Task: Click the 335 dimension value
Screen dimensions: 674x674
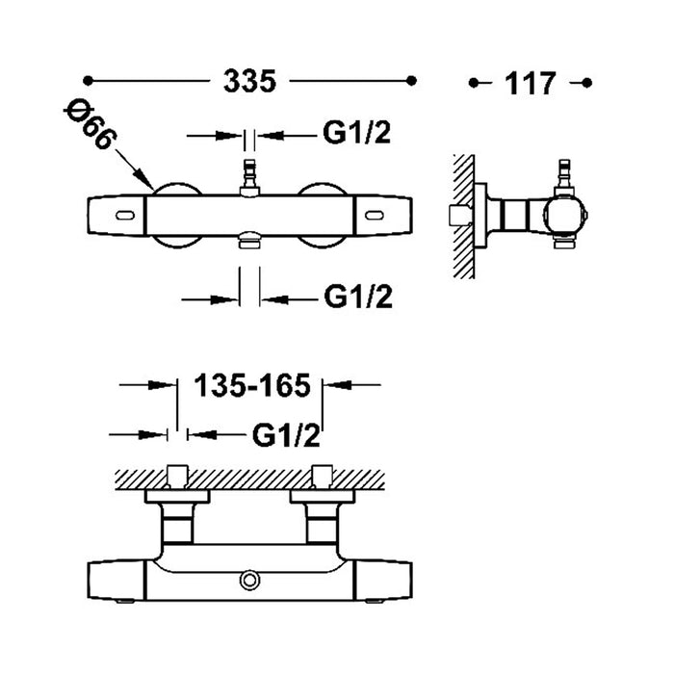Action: (x=249, y=81)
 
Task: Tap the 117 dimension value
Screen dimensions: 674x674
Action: (x=531, y=84)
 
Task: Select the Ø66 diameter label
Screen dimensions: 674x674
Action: (x=91, y=125)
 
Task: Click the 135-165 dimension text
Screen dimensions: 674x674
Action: (x=252, y=385)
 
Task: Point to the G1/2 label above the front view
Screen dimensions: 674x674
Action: (x=357, y=132)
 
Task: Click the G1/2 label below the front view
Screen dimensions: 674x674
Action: (x=358, y=297)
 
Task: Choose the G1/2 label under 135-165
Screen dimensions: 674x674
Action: (x=286, y=435)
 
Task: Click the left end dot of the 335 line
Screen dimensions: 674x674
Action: (x=88, y=80)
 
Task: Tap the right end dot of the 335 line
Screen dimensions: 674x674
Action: (x=411, y=80)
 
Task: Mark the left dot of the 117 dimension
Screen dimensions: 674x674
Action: (x=474, y=83)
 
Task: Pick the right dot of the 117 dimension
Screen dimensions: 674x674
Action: (x=586, y=83)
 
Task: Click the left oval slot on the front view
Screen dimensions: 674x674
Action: (x=125, y=216)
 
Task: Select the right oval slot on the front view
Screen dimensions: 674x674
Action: (x=374, y=216)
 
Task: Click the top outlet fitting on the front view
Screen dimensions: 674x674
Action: (x=249, y=177)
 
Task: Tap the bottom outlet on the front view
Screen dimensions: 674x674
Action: (x=249, y=240)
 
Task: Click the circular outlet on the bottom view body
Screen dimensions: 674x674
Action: (x=249, y=581)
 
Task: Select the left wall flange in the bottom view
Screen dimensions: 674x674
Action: (x=177, y=496)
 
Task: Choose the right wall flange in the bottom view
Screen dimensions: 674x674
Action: (x=323, y=496)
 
